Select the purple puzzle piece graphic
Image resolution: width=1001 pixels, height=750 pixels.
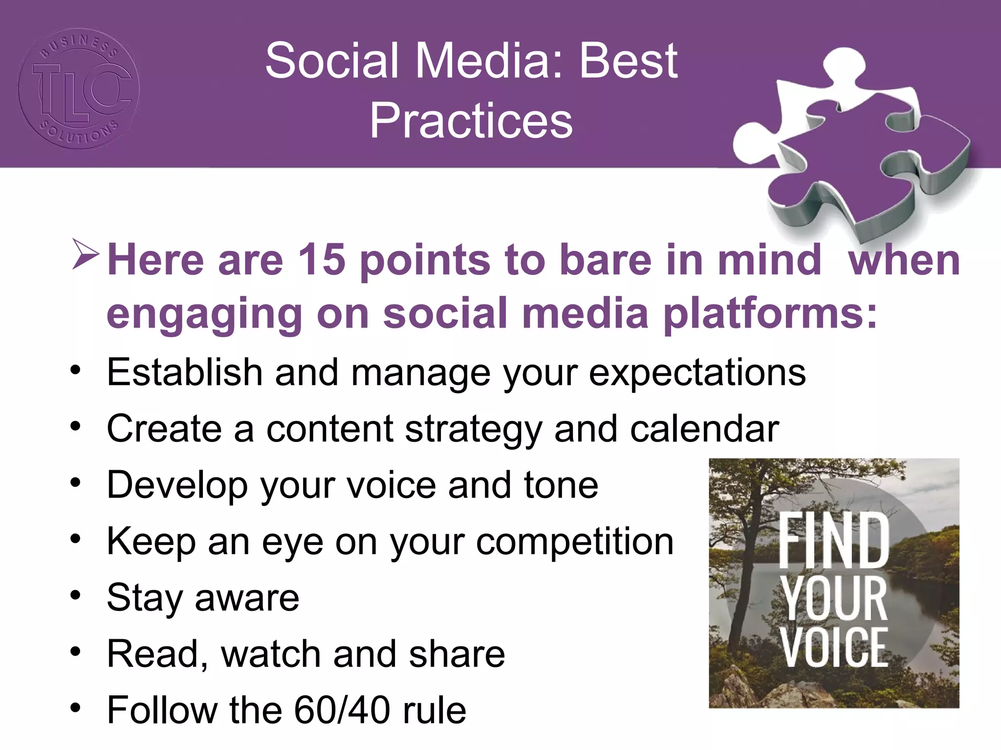pyautogui.click(x=850, y=146)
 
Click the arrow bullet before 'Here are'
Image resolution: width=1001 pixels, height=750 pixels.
pyautogui.click(x=85, y=254)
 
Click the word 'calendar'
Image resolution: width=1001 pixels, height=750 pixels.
pyautogui.click(x=704, y=429)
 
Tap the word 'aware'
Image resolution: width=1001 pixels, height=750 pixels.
pyautogui.click(x=247, y=598)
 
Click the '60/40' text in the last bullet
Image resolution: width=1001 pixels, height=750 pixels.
pyautogui.click(x=342, y=710)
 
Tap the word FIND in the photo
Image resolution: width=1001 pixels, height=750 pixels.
pyautogui.click(x=833, y=541)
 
